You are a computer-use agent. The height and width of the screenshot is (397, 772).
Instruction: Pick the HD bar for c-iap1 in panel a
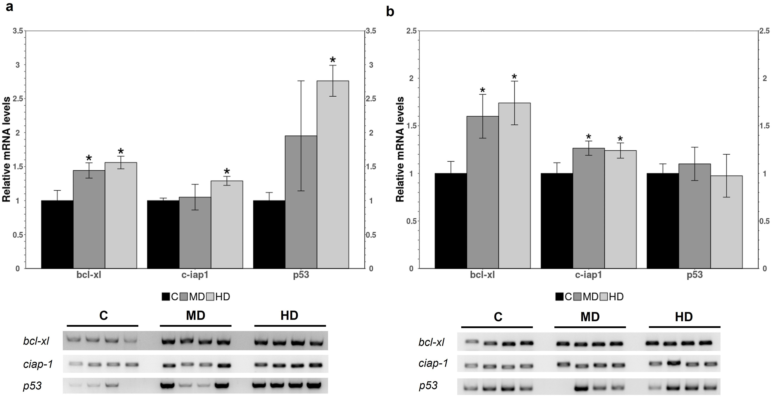coord(227,224)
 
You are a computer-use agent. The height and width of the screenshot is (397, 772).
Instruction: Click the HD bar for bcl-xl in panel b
coord(514,185)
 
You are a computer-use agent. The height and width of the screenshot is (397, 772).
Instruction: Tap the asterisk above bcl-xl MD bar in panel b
coord(482,90)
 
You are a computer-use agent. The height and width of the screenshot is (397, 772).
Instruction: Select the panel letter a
coord(9,7)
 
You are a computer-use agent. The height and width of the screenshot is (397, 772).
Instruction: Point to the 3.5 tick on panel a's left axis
coord(18,31)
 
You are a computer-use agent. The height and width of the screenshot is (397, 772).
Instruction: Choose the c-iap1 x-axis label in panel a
coord(195,275)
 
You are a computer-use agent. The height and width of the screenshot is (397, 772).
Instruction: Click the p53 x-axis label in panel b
coord(694,275)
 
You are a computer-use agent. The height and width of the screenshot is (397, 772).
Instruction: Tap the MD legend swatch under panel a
coord(184,297)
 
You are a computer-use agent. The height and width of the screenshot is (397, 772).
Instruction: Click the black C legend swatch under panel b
coord(559,297)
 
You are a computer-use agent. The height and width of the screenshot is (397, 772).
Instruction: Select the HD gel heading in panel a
coord(290,316)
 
